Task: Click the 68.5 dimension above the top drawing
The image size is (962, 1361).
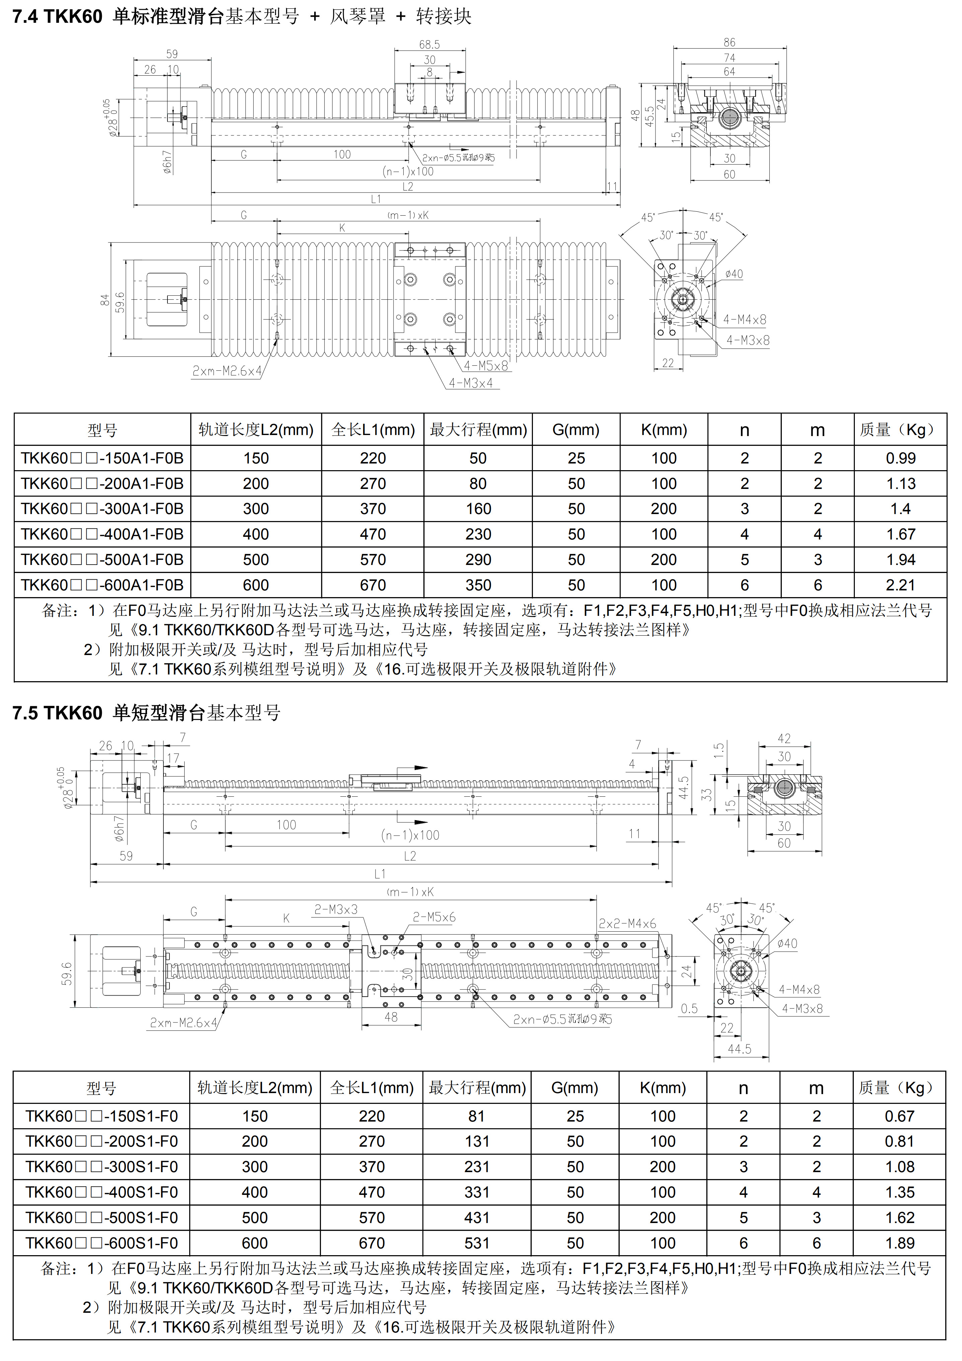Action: (429, 45)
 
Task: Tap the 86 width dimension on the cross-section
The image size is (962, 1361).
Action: (729, 42)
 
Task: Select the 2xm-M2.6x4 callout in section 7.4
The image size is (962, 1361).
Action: (226, 371)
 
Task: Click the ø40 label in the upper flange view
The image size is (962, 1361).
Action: (734, 274)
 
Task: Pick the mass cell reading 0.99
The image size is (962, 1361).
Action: (900, 458)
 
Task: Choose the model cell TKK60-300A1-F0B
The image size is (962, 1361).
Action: (102, 509)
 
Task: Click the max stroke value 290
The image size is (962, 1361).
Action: (478, 560)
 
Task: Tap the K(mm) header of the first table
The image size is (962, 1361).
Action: (664, 430)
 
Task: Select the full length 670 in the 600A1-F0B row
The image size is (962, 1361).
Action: (373, 585)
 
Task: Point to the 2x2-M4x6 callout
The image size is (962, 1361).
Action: (627, 924)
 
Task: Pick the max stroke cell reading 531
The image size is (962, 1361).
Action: (477, 1243)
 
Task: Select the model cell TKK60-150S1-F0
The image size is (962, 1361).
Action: (101, 1116)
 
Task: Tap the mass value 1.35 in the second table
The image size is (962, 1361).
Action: (899, 1192)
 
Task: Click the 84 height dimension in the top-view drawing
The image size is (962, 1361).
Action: (105, 300)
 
